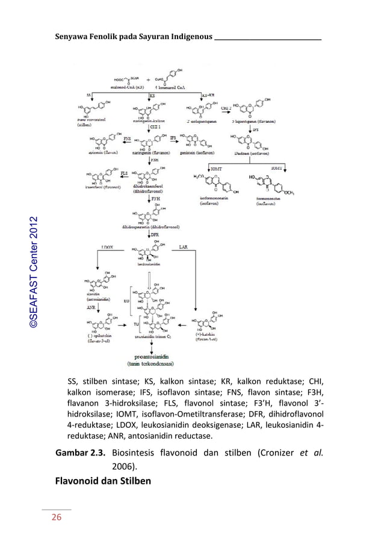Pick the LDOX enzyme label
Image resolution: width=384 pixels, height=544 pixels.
tap(108, 247)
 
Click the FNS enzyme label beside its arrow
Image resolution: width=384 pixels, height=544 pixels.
tap(127, 138)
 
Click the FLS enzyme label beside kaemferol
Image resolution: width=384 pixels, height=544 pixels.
tap(125, 173)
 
